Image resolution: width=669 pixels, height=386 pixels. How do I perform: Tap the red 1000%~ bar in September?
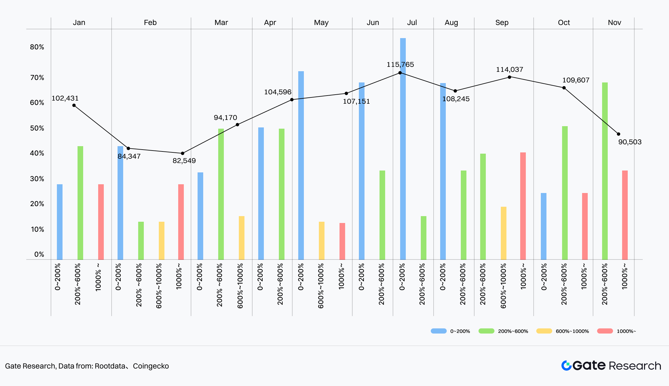coord(523,206)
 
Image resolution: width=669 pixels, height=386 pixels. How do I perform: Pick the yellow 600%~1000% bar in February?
coord(162,240)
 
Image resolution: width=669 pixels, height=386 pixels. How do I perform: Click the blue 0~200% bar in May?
coord(301,165)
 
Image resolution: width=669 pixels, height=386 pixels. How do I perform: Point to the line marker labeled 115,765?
coord(400,73)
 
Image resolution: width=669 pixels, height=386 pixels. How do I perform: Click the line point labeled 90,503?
coord(618,134)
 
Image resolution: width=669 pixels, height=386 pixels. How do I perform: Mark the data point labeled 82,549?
coord(183,153)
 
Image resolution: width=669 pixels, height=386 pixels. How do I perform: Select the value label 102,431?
coord(65,98)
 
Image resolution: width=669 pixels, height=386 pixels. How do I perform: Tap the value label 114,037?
coord(510,70)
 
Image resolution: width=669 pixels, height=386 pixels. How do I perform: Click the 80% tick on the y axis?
coord(37,47)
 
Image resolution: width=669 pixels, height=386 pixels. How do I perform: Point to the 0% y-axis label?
coord(39,255)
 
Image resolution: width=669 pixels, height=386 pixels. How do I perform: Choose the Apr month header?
coord(270,22)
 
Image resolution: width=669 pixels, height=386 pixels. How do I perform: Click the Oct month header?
coord(564,22)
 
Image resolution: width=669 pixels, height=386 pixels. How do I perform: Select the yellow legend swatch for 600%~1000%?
coord(544,331)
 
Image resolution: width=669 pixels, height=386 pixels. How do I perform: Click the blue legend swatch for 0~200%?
coord(439,331)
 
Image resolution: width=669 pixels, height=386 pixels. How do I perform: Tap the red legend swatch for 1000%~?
coord(605,331)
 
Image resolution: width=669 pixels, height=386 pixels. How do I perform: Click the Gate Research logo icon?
coord(566,365)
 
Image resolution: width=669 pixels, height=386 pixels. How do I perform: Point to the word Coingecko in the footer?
coord(151,366)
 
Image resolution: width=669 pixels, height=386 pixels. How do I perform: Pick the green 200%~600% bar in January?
coord(80,203)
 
